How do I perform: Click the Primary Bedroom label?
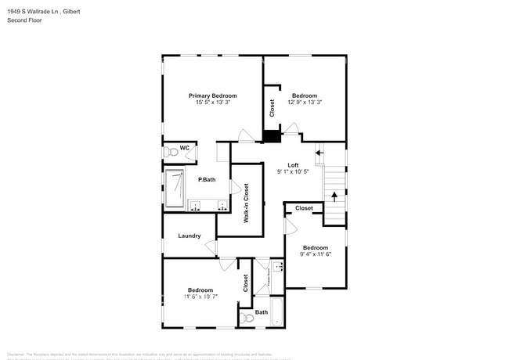tap(212, 95)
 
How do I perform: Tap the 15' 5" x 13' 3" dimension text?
tap(212, 103)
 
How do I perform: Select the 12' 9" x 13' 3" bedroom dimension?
tap(305, 103)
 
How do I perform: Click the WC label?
tap(185, 148)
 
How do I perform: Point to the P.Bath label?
tap(207, 180)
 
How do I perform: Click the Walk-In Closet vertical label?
tap(246, 203)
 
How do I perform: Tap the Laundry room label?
tap(190, 236)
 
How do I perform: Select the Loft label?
tap(293, 164)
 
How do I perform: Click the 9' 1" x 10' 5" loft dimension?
tap(293, 171)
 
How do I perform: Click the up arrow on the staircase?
tap(334, 196)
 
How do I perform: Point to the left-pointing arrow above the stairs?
tap(319, 152)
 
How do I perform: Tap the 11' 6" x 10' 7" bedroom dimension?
tap(200, 297)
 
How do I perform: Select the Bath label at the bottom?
tap(261, 312)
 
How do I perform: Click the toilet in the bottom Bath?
tap(247, 317)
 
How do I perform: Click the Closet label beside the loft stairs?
tap(304, 208)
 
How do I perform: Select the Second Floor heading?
tap(24, 20)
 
